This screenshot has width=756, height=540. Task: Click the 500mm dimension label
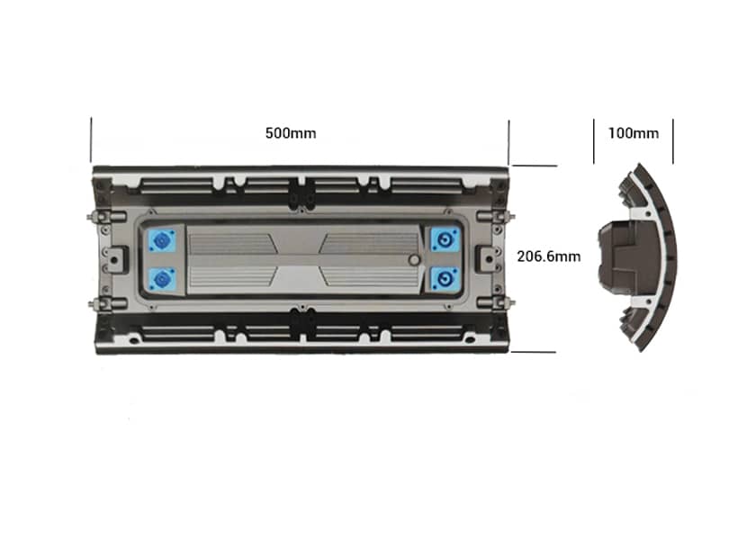(x=290, y=133)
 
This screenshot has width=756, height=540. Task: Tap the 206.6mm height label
(x=548, y=256)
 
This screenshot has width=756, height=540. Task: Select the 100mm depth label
(x=633, y=133)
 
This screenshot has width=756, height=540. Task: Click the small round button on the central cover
(x=414, y=260)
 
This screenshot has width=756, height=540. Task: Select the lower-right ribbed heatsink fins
(x=369, y=277)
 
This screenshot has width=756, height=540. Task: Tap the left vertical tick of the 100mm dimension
(x=594, y=142)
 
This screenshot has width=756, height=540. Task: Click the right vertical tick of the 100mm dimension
(x=673, y=142)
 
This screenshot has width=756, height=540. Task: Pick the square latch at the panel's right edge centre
(x=486, y=257)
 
